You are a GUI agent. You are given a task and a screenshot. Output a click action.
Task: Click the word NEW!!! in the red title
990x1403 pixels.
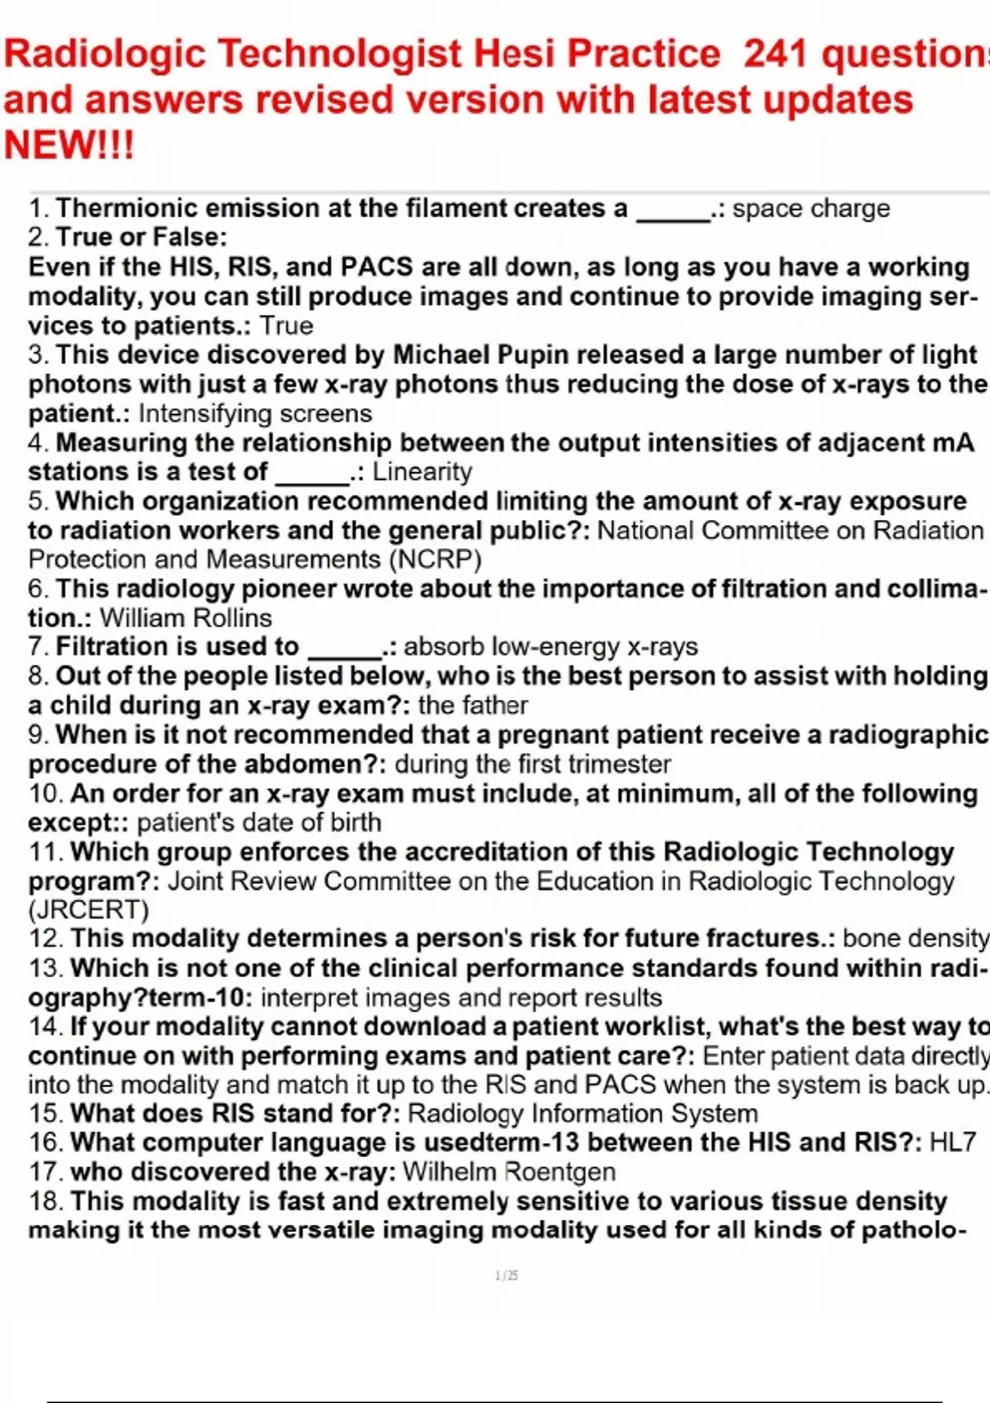click(x=68, y=145)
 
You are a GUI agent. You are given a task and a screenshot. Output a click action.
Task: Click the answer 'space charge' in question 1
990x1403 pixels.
click(x=811, y=209)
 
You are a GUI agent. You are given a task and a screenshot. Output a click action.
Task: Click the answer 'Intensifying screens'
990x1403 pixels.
click(x=255, y=413)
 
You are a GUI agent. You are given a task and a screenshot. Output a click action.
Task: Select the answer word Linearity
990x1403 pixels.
click(x=422, y=472)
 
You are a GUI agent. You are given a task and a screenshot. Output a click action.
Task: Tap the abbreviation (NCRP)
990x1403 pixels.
click(x=435, y=560)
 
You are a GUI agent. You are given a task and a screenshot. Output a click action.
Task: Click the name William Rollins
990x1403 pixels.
click(x=186, y=618)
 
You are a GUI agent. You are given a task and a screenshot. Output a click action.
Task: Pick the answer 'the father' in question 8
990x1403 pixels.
click(x=473, y=706)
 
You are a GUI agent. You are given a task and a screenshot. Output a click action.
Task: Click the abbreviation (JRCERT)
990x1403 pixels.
click(x=88, y=910)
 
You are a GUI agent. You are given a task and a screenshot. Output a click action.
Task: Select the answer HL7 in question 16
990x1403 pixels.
click(x=952, y=1143)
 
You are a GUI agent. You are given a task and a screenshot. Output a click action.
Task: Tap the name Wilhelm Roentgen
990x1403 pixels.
click(x=509, y=1172)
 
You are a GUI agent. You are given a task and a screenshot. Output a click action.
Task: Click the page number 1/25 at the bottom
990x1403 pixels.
click(x=507, y=1276)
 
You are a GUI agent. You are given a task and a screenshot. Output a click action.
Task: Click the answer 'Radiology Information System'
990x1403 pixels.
click(x=582, y=1114)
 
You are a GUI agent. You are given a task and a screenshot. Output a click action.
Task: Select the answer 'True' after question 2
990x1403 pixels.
click(x=286, y=326)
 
